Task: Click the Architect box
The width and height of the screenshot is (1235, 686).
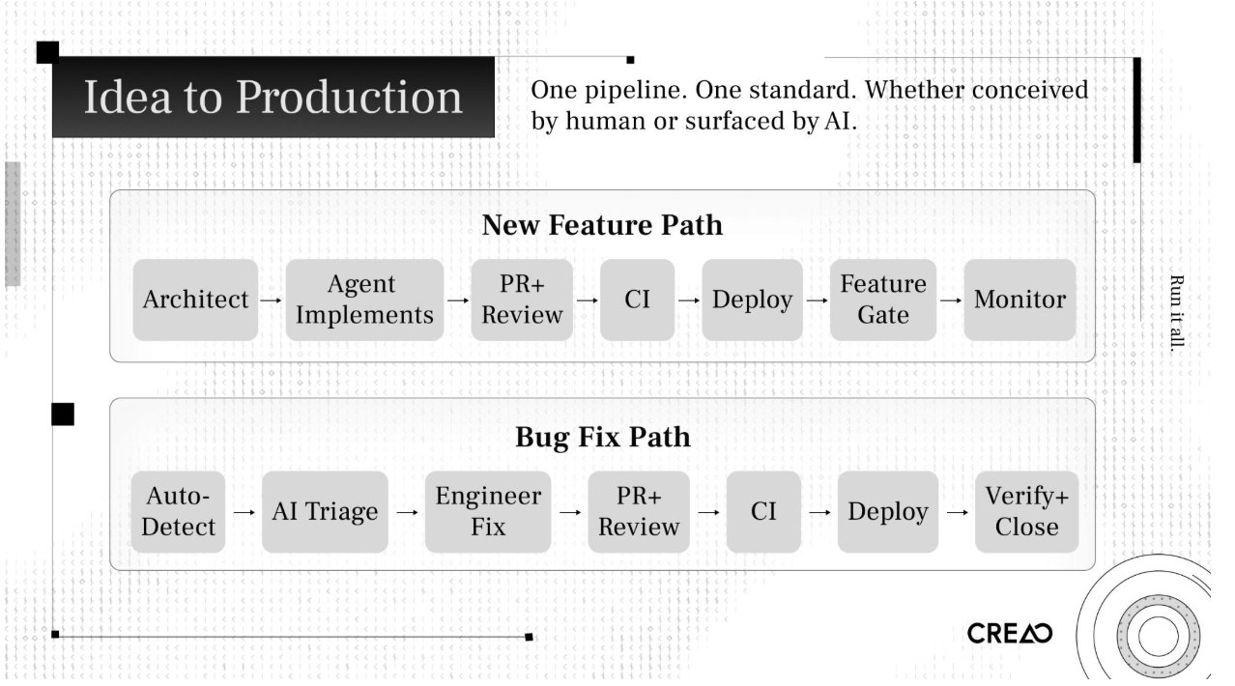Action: (x=195, y=300)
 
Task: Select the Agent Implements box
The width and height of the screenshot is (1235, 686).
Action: (x=364, y=300)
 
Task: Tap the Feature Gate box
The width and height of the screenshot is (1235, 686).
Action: (x=882, y=300)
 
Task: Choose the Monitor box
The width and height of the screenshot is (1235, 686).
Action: (x=1020, y=300)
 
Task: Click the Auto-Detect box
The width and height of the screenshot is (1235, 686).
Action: (x=179, y=512)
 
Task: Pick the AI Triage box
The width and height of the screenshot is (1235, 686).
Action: (x=325, y=512)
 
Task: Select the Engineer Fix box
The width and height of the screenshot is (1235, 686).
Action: (x=488, y=512)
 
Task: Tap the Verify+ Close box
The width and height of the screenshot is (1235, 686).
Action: (x=1026, y=512)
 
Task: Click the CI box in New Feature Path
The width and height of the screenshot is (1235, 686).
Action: (x=637, y=300)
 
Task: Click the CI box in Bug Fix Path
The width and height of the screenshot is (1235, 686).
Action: (x=763, y=512)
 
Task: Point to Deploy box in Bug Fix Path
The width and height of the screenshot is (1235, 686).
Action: (x=887, y=512)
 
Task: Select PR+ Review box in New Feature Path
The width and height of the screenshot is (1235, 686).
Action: (x=522, y=300)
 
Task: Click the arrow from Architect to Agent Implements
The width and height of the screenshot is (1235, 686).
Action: (x=272, y=300)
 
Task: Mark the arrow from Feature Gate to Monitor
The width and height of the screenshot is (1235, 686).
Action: (x=951, y=300)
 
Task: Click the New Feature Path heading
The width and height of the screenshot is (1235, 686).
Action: (x=601, y=225)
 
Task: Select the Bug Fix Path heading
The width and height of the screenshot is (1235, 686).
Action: (x=602, y=437)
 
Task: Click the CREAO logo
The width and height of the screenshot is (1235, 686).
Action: (x=1009, y=634)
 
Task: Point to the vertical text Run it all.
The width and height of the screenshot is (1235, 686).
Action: (x=1176, y=313)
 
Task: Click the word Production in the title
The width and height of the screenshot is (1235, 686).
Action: (x=349, y=98)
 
